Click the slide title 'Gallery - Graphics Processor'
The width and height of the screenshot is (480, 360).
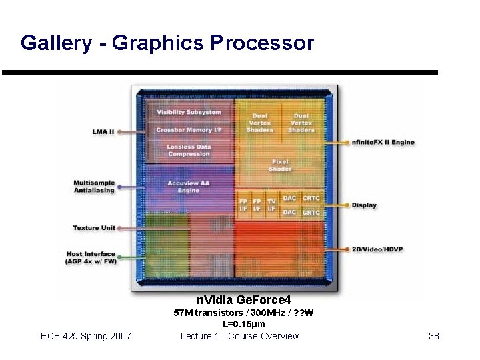click(x=167, y=43)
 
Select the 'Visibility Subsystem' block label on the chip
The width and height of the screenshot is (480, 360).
click(x=189, y=112)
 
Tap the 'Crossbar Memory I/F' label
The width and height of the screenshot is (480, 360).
click(x=189, y=129)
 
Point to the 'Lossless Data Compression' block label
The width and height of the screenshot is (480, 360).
click(x=189, y=150)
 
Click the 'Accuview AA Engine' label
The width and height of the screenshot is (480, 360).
click(x=188, y=187)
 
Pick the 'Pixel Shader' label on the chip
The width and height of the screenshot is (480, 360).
click(x=280, y=165)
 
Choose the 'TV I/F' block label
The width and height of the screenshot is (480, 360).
click(x=271, y=205)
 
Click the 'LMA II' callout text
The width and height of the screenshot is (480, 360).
click(x=103, y=131)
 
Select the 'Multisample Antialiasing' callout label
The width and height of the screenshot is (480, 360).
click(x=94, y=187)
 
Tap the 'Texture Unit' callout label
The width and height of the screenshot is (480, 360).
click(x=94, y=228)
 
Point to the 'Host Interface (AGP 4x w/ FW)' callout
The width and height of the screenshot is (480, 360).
click(x=91, y=257)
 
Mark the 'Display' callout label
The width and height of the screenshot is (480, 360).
click(x=365, y=205)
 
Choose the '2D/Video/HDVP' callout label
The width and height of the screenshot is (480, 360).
click(x=377, y=249)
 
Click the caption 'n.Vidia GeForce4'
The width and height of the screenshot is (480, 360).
click(x=243, y=301)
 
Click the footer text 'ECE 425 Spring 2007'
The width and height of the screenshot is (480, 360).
click(x=86, y=336)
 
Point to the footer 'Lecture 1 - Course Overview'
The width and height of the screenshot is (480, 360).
click(x=240, y=336)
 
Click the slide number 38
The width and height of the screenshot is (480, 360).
click(x=434, y=336)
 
